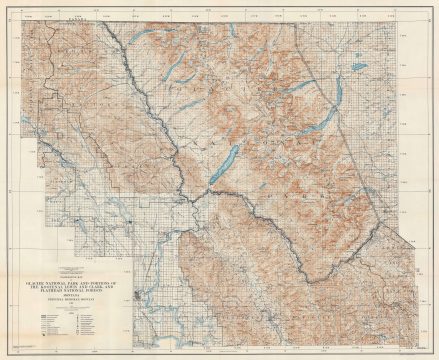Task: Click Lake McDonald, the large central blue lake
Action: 224,164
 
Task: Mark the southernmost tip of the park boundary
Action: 306,282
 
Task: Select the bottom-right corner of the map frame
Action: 423,346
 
